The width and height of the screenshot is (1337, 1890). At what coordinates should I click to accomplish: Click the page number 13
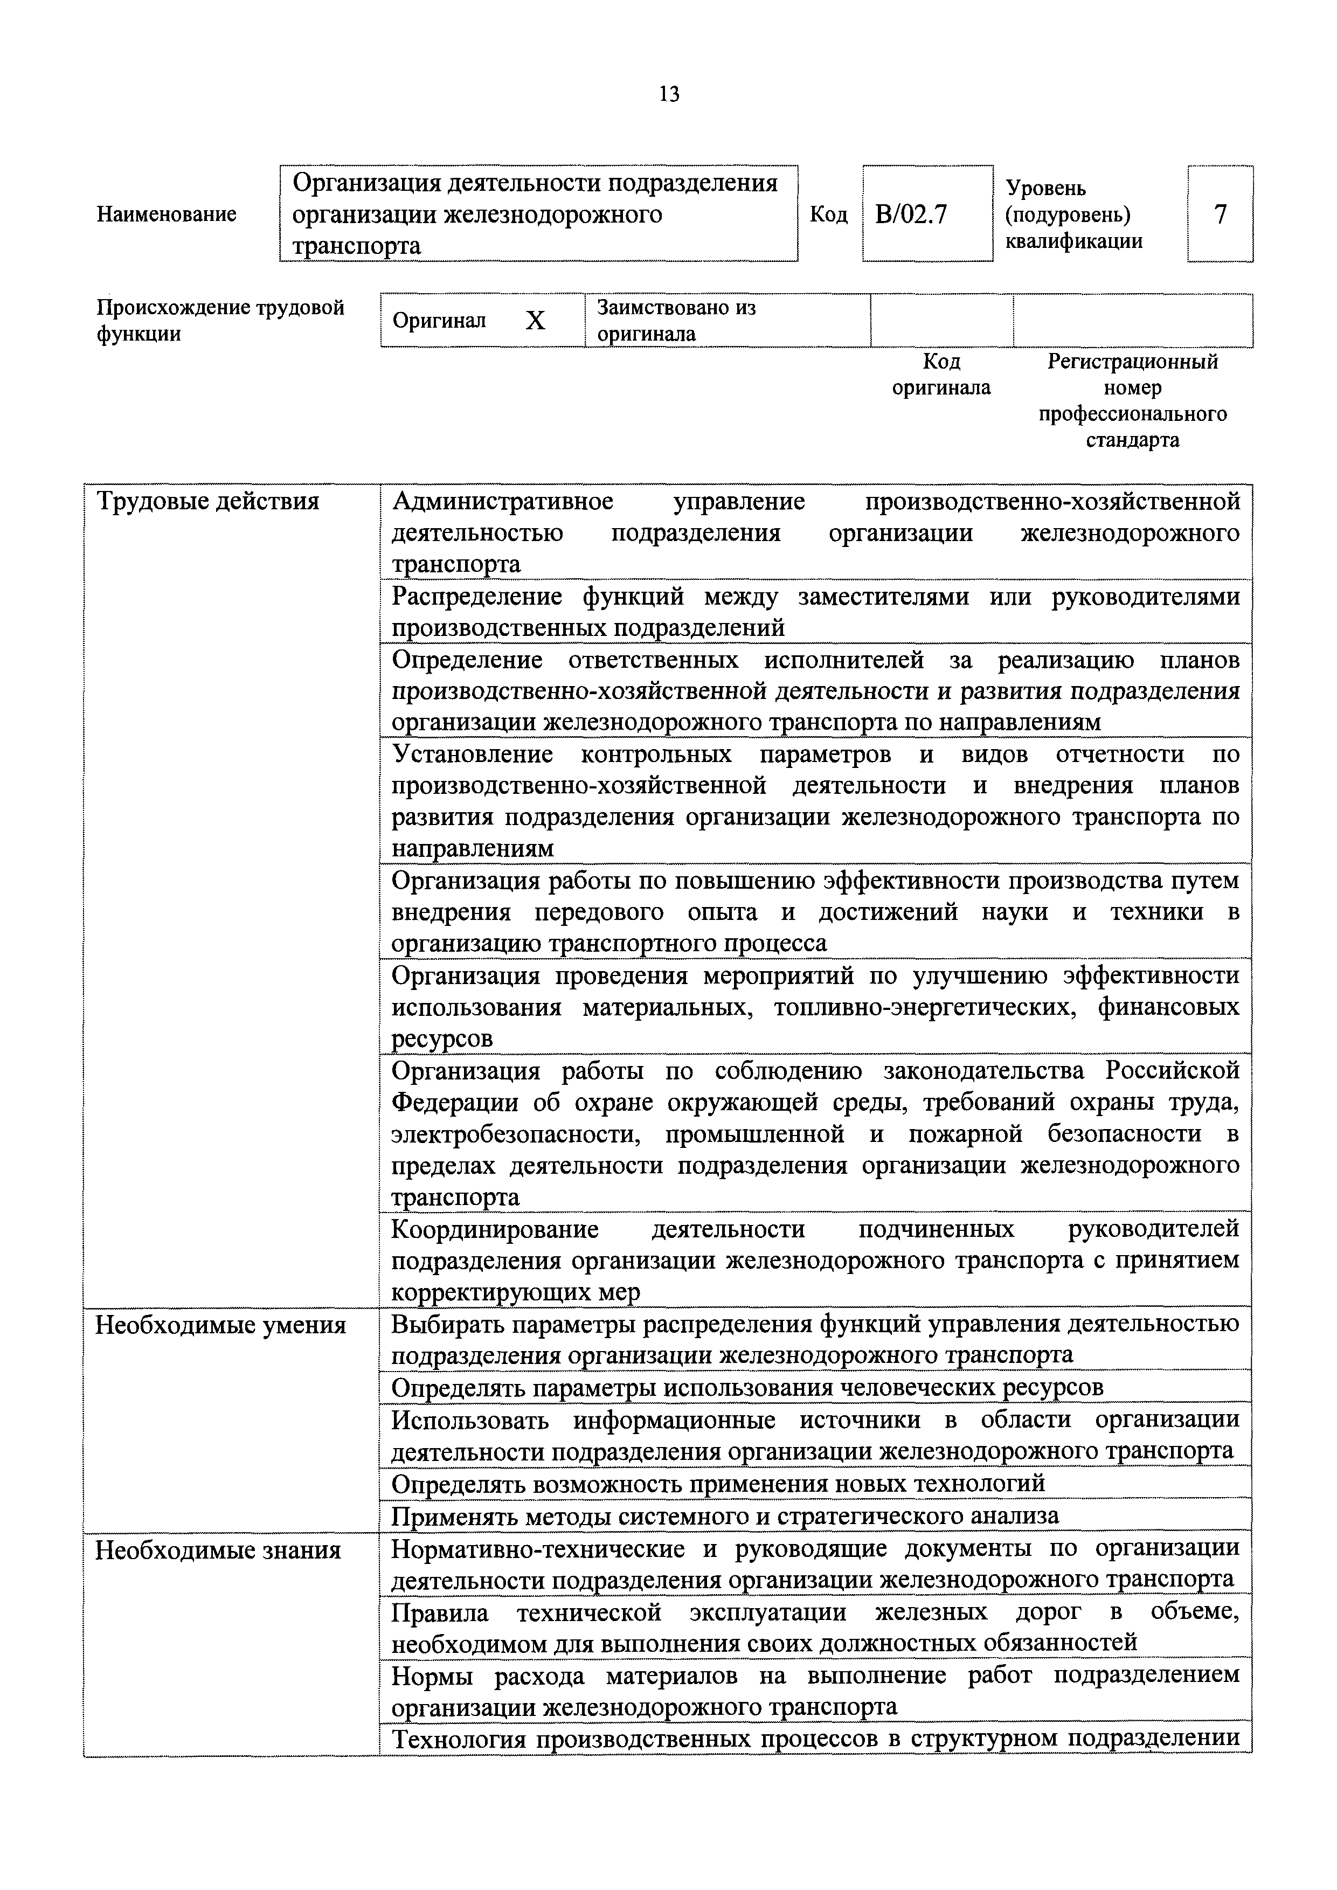[x=669, y=95]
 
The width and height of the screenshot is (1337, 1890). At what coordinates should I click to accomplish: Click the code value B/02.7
[x=911, y=215]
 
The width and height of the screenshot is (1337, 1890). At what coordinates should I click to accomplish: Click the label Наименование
[x=167, y=215]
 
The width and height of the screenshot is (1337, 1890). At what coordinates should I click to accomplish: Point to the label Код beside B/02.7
[x=828, y=215]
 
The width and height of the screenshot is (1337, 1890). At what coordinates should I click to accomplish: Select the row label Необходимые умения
[x=220, y=1326]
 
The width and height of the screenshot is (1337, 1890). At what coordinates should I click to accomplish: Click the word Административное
[x=502, y=501]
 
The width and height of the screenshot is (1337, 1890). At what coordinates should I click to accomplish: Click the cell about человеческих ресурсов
[x=747, y=1388]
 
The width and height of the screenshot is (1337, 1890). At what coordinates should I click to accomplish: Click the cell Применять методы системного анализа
[x=724, y=1515]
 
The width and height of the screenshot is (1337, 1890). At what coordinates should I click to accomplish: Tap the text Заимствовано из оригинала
[x=675, y=320]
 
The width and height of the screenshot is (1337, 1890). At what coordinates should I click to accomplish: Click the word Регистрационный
[x=1132, y=362]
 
